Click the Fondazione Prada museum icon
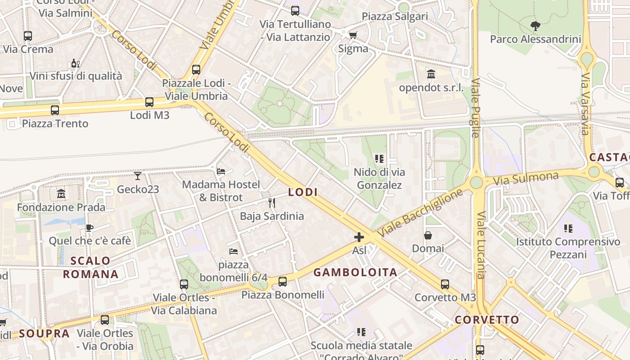pos(61,194)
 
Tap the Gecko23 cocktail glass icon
pos(138,175)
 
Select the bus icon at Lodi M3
pos(149,102)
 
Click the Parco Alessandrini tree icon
pos(535,26)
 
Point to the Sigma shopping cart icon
pos(353,35)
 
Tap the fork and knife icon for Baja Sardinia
pos(272,203)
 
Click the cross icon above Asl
pos(359,237)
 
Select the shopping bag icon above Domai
pos(428,235)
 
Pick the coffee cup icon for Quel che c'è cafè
pos(90,228)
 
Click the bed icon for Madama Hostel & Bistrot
pos(221,171)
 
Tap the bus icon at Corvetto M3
pos(445,284)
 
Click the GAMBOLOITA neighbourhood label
pos(355,272)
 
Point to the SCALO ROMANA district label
pos(90,267)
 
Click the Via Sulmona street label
pos(526,179)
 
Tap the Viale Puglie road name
pos(476,108)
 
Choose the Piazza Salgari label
pos(395,16)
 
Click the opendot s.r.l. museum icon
pos(431,74)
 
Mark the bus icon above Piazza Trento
pos(55,110)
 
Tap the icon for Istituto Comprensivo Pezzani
pos(568,229)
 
